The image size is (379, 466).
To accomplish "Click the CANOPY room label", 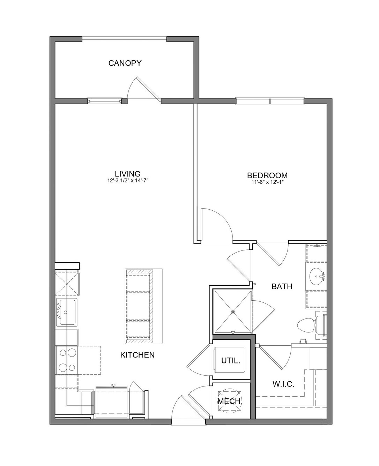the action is [x=125, y=63].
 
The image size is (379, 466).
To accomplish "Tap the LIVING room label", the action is [x=128, y=174].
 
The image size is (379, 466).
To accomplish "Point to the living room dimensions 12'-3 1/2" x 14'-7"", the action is [x=128, y=181].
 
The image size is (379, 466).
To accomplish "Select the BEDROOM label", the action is [x=267, y=175].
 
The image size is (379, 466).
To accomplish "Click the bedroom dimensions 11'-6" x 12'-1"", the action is [x=267, y=182].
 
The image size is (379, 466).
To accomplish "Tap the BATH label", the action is [x=282, y=287].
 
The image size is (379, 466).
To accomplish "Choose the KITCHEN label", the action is [x=138, y=355].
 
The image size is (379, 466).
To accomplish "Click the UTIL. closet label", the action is [x=231, y=361].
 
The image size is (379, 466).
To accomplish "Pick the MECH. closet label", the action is [x=230, y=401].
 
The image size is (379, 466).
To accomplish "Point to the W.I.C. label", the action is [x=284, y=384].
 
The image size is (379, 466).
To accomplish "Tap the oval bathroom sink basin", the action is [x=317, y=277].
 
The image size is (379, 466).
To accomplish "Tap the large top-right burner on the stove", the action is [x=72, y=353].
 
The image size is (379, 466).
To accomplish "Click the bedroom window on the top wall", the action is [x=270, y=101].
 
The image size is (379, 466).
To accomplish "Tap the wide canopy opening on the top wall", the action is [x=124, y=39].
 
